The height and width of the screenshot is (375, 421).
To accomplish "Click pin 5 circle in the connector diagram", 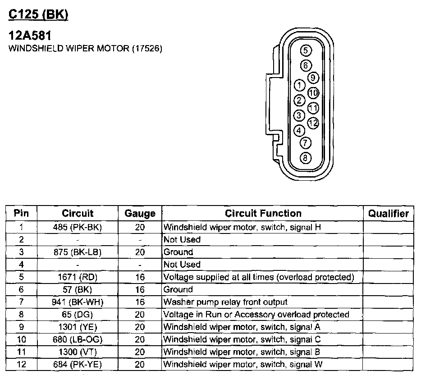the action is pyautogui.click(x=306, y=50).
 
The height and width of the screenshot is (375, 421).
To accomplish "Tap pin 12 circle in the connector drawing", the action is pyautogui.click(x=313, y=123).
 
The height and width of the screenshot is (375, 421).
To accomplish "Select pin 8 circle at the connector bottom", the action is pyautogui.click(x=306, y=158).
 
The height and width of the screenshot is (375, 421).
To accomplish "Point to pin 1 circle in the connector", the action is pyautogui.click(x=300, y=85).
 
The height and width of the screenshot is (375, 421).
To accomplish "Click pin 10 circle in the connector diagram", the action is pyautogui.click(x=313, y=93).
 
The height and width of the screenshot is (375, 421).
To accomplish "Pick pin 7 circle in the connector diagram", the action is pyautogui.click(x=306, y=143).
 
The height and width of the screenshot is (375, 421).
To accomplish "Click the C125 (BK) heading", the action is pyautogui.click(x=38, y=14).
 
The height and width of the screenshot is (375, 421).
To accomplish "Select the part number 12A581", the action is pyautogui.click(x=30, y=36).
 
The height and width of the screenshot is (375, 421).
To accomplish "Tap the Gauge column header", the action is pyautogui.click(x=140, y=213).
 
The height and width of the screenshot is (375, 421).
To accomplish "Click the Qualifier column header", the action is pyautogui.click(x=388, y=213).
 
